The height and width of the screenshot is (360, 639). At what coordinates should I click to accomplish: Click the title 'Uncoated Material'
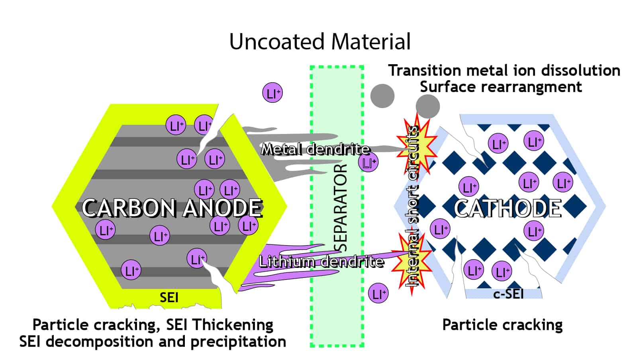(319, 41)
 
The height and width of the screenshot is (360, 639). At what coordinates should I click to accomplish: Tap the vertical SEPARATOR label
(340, 207)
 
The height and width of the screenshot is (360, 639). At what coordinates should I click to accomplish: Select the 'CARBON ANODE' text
(172, 208)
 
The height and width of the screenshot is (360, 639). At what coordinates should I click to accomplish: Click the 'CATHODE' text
(508, 208)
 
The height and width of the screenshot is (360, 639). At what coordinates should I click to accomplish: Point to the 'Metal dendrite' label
(315, 150)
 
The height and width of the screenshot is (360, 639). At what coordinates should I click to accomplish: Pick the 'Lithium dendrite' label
(321, 262)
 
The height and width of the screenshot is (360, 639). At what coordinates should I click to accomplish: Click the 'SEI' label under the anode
(169, 297)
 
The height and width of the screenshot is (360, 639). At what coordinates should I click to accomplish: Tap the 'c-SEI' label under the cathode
(508, 294)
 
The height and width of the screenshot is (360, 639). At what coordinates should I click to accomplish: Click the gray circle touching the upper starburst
(427, 106)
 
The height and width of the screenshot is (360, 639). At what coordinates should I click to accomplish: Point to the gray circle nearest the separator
(382, 96)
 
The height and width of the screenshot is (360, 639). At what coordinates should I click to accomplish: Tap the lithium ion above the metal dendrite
(272, 93)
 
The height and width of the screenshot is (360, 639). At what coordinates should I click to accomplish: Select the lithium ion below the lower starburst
(378, 293)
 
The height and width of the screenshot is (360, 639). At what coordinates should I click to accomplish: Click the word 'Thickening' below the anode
(233, 325)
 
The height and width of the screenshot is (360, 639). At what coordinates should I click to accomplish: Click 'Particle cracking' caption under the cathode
(502, 325)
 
